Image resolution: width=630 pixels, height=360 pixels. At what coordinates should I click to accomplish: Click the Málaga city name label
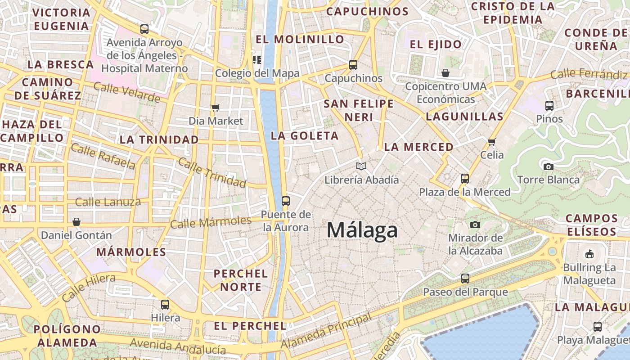tap(362, 230)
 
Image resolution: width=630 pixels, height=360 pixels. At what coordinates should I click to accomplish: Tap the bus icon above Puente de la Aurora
tap(285, 201)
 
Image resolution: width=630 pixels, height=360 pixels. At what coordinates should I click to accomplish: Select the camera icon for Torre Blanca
tap(548, 166)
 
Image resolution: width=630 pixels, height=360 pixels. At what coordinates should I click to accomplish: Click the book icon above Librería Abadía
tap(361, 166)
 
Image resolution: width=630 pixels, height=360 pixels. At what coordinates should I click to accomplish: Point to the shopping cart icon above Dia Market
tap(216, 108)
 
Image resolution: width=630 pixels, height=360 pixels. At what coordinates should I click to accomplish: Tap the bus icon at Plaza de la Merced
tap(465, 179)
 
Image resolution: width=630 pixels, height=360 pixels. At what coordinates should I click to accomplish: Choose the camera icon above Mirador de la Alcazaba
tap(475, 225)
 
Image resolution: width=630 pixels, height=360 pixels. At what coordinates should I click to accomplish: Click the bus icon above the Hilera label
tap(165, 304)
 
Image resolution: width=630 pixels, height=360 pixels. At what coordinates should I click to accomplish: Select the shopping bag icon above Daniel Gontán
tap(76, 222)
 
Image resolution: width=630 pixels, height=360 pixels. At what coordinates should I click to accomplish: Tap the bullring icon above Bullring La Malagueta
tap(589, 254)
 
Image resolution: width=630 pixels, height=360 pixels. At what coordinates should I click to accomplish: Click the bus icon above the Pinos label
tap(549, 106)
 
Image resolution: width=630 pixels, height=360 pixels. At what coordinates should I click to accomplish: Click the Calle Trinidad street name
tap(212, 172)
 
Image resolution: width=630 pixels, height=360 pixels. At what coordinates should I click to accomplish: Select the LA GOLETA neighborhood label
tap(305, 136)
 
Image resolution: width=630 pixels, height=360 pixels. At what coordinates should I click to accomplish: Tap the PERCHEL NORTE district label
tap(240, 280)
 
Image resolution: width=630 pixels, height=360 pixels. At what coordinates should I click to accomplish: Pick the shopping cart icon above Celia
tap(491, 142)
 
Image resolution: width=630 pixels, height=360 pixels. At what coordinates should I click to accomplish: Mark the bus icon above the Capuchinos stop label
tap(353, 65)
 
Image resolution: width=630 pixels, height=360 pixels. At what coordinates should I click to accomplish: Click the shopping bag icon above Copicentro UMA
tap(445, 72)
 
